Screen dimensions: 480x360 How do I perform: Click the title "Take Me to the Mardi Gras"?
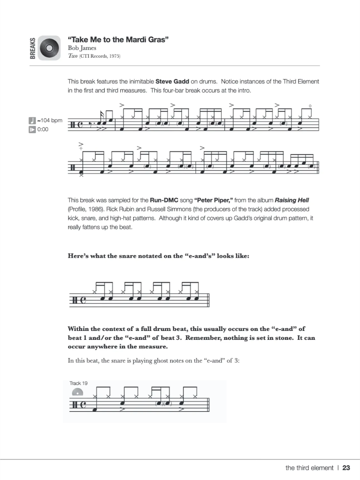point(118,40)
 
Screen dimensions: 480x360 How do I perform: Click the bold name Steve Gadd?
point(172,82)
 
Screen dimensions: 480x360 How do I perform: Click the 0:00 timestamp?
point(43,129)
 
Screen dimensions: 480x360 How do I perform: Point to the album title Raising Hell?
point(292,200)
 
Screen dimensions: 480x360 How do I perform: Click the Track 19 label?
point(78,383)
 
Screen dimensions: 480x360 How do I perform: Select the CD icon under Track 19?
point(78,392)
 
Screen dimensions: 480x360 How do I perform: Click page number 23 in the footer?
point(346,468)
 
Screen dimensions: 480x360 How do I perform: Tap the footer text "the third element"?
point(309,468)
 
